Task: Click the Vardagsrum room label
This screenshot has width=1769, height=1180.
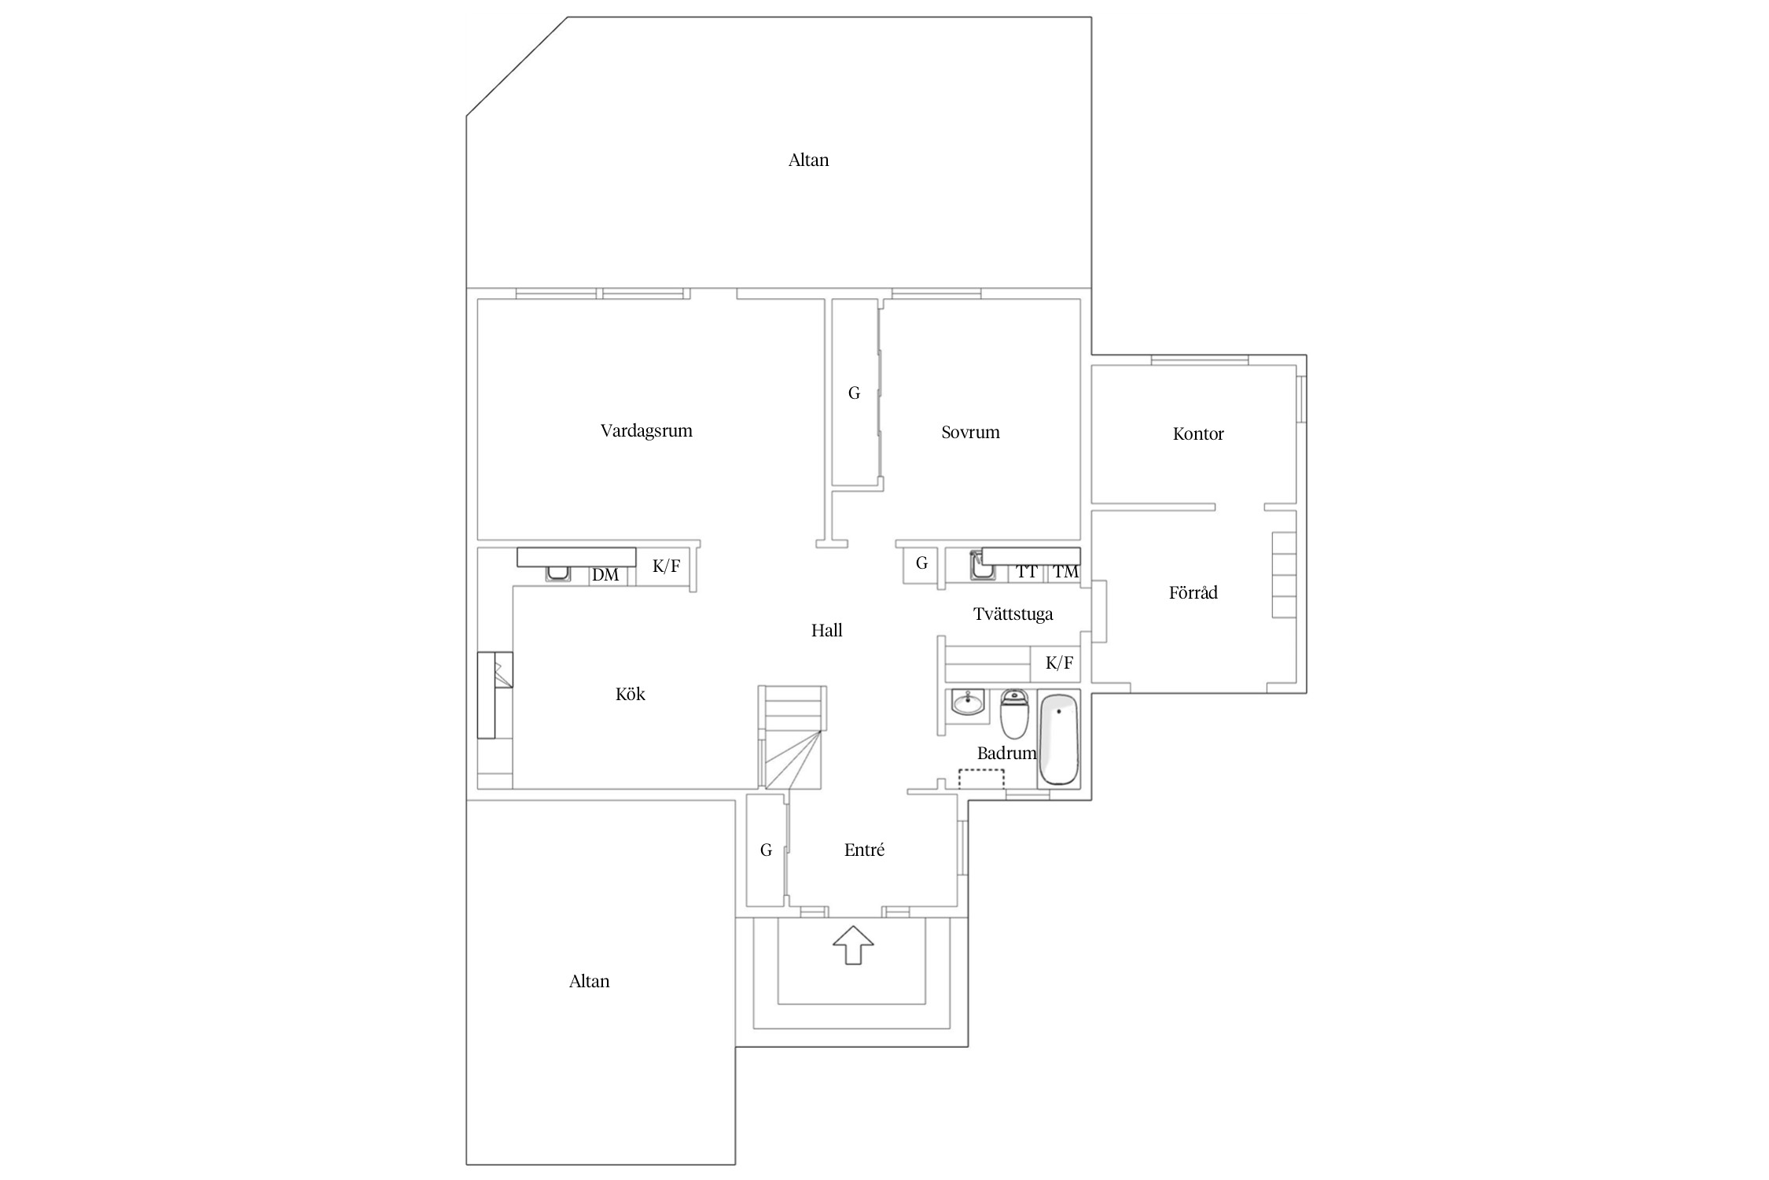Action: click(x=646, y=431)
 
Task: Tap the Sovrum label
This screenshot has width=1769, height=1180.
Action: click(x=970, y=432)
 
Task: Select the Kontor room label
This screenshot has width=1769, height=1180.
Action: click(x=1198, y=433)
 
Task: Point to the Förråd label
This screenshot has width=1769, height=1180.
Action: click(x=1193, y=592)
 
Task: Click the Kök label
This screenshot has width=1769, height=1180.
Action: click(x=630, y=694)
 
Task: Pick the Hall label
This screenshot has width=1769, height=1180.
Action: click(x=826, y=630)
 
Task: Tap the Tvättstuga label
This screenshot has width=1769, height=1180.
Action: click(x=1013, y=614)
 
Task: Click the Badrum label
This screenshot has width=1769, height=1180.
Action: click(x=1006, y=753)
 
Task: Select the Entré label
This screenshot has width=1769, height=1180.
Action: click(x=864, y=850)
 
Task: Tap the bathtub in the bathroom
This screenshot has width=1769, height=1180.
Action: click(x=1058, y=739)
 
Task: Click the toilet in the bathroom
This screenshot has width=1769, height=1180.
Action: click(x=1014, y=713)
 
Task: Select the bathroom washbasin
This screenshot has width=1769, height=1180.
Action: click(x=967, y=702)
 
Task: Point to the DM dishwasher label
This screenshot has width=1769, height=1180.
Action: click(x=605, y=575)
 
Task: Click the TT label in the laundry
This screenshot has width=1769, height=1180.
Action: click(x=1026, y=572)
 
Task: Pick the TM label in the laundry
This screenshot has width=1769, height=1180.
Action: click(x=1065, y=572)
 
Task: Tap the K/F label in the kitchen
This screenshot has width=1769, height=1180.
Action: click(x=666, y=566)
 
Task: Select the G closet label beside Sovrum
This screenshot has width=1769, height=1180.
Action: click(x=854, y=393)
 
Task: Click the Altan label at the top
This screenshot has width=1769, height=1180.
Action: click(x=808, y=160)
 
